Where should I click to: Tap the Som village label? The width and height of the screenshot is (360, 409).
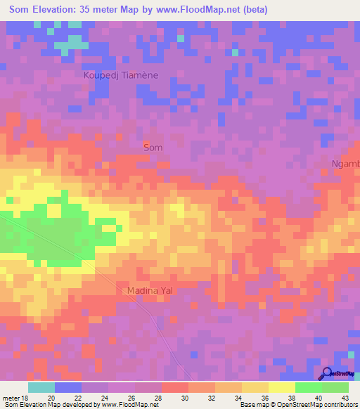click(x=153, y=148)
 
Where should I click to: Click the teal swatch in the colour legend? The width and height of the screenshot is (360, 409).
click(x=41, y=387)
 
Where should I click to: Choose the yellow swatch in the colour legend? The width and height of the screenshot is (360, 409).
click(x=281, y=387)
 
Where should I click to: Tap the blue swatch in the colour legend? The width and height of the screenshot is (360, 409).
click(x=68, y=387)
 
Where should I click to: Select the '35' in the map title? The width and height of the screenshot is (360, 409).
click(x=102, y=11)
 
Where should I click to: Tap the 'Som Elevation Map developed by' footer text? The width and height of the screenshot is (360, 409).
click(x=51, y=405)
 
